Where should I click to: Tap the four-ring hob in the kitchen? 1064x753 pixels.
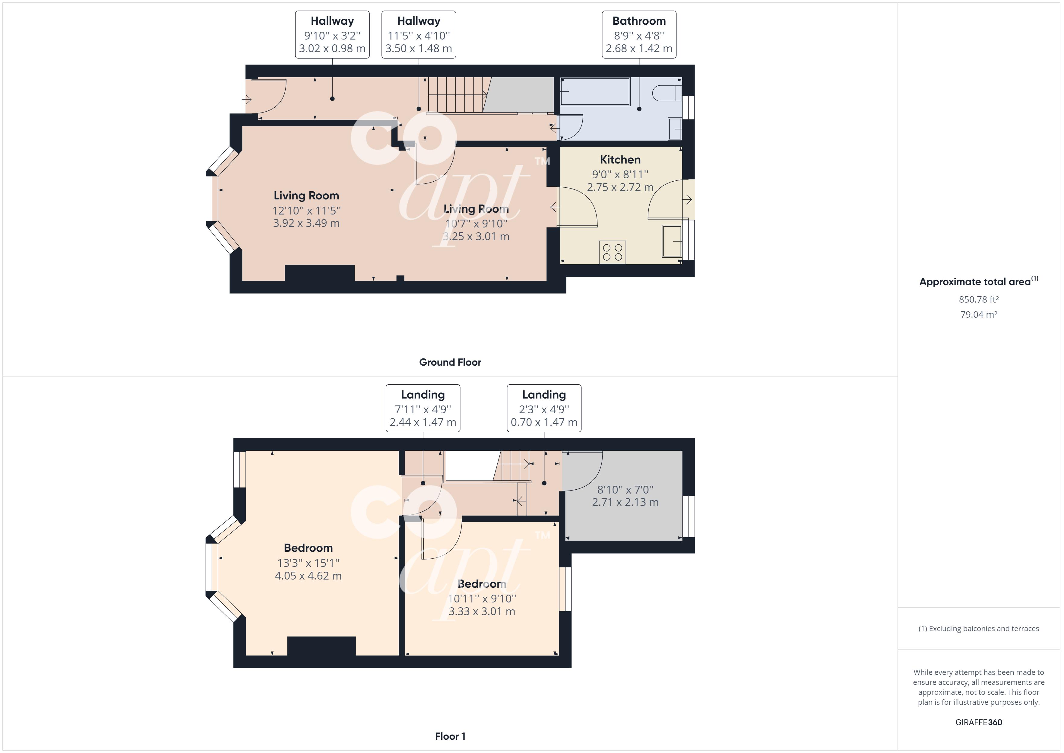(x=612, y=252)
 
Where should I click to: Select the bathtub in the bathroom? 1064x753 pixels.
(x=595, y=92)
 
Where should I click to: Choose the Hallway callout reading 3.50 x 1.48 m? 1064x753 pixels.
(x=419, y=48)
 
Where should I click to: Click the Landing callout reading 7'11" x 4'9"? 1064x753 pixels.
(x=423, y=409)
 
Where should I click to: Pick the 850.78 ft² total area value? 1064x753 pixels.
(x=978, y=300)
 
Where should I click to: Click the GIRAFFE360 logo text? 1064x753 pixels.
(x=978, y=722)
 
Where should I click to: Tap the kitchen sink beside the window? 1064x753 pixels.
(x=672, y=241)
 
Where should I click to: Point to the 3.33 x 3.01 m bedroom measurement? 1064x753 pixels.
(x=482, y=611)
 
